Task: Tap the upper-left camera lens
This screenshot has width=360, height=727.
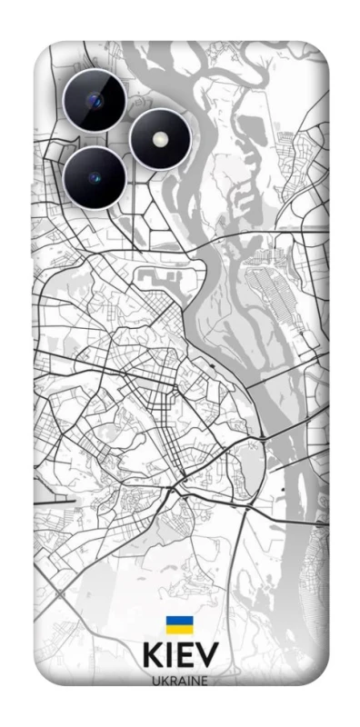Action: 95,100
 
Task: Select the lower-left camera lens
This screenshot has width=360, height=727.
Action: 95,177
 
